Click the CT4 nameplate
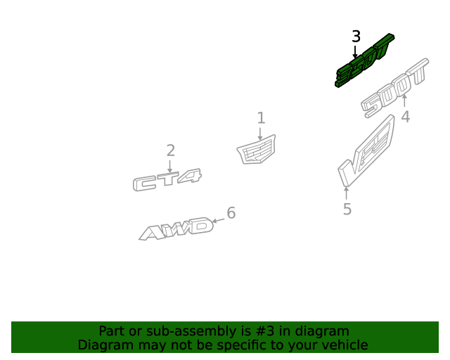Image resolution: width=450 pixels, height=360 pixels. pos(167,180)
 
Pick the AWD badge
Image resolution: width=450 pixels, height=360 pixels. pos(176,229)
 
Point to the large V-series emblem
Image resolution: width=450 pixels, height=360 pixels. pos(366,151)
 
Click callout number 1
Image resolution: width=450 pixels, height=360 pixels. pos(261,117)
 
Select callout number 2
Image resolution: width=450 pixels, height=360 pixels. pos(170,150)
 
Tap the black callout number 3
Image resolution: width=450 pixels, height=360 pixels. pos(356,37)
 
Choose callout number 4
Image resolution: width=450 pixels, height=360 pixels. pos(405,117)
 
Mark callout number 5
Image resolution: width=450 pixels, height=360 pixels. pos(347,209)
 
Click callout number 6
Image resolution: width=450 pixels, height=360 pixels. pos(231,213)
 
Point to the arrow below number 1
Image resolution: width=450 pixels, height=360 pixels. pos(260,134)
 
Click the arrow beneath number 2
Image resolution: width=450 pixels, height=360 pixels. pos(169,166)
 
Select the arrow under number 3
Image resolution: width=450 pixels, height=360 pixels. pos(355,51)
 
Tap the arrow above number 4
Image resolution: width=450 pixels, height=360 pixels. pos(404,101)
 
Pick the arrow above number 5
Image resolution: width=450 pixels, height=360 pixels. pos(346,193)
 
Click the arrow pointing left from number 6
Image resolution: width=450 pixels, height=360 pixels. pos(218,221)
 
